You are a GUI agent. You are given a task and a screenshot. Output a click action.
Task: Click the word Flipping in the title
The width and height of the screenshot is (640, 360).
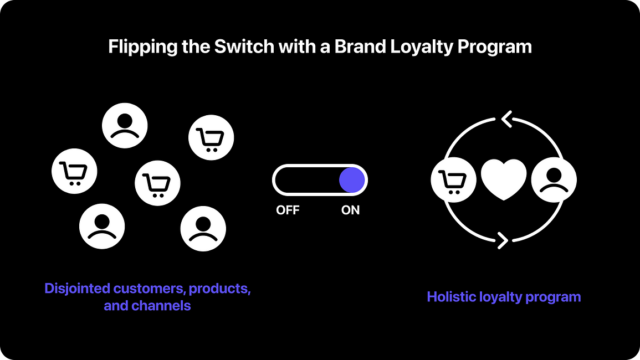click(x=143, y=47)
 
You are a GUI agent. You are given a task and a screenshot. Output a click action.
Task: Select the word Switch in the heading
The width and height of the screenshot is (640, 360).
click(x=244, y=46)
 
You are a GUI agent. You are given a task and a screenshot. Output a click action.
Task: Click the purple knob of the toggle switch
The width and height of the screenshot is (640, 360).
click(x=352, y=180)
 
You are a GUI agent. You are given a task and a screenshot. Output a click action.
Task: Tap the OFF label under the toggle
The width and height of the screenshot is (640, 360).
click(x=288, y=210)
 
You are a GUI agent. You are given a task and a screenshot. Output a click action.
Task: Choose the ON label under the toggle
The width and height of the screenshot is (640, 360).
click(x=350, y=210)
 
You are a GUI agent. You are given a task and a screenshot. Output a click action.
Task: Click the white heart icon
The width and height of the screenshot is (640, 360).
click(x=504, y=179)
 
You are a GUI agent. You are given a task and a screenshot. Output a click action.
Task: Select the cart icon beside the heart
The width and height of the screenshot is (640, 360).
click(x=453, y=179)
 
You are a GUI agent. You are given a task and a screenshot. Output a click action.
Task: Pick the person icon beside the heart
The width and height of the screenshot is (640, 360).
click(x=554, y=179)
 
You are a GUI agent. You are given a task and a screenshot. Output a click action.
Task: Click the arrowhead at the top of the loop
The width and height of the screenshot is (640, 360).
click(x=506, y=119)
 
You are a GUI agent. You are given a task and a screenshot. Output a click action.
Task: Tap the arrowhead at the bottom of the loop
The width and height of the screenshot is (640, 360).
click(x=503, y=240)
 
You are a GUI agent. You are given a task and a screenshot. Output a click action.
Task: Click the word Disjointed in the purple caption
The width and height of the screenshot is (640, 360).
click(x=78, y=289)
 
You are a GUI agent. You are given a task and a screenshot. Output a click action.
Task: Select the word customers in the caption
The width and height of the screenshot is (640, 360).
click(x=150, y=289)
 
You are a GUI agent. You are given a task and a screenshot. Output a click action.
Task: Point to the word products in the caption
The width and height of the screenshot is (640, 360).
click(x=219, y=289)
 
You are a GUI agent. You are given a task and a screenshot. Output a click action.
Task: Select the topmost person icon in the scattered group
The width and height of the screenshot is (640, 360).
click(x=125, y=125)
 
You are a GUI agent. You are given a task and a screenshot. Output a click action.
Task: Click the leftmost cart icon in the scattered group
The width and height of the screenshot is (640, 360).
click(x=74, y=171)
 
